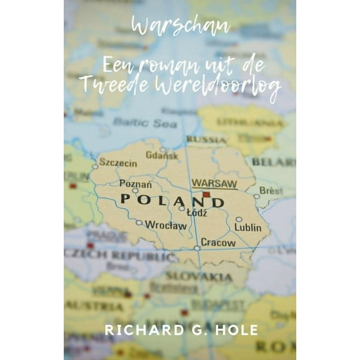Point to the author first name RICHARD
136,330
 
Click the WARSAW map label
214,184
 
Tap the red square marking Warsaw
206,195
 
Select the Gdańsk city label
162,156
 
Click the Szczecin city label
118,162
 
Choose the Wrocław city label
166,225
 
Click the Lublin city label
248,227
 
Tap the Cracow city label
218,242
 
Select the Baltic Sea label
145,123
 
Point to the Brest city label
271,189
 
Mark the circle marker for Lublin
239,219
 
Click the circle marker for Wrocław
139,222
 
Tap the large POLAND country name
171,201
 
